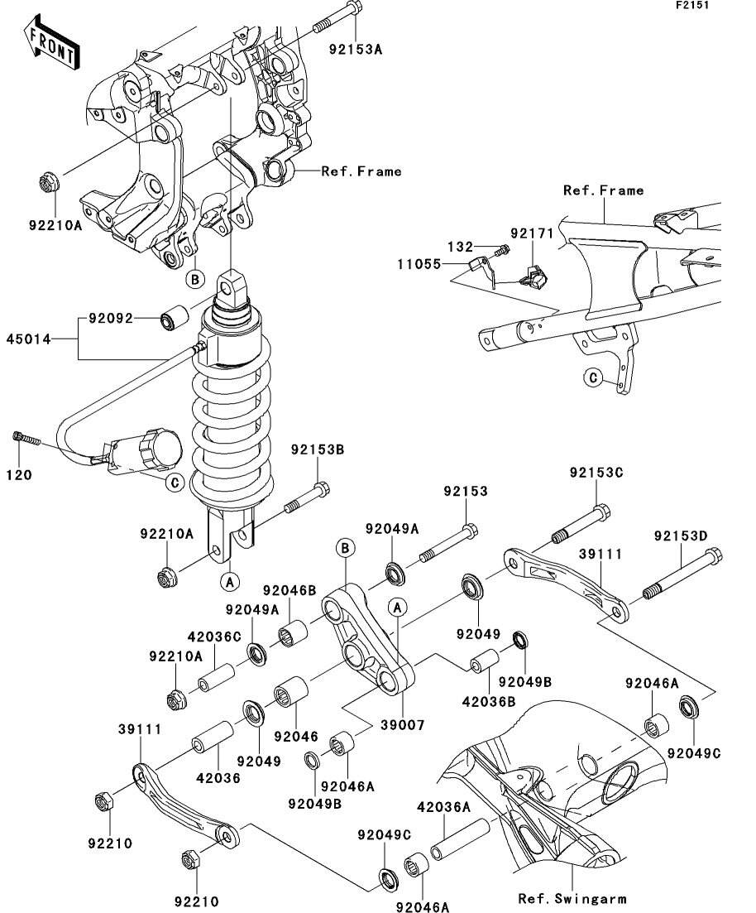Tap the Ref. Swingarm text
pos(572,898)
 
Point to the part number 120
pos(20,475)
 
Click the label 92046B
pos(289,590)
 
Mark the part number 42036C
pos(213,637)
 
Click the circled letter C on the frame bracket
pos(592,378)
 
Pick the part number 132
pos(461,247)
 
